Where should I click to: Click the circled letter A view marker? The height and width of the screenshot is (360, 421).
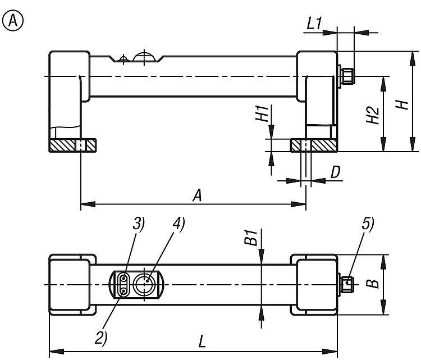click(13, 21)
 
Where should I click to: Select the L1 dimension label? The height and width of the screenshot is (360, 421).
click(314, 24)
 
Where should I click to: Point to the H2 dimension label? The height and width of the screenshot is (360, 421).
click(373, 116)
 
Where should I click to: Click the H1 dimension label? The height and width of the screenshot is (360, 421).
click(262, 113)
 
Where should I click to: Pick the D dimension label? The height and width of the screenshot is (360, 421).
click(335, 172)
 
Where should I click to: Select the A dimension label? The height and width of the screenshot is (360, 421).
click(197, 195)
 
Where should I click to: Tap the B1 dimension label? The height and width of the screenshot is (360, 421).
click(250, 237)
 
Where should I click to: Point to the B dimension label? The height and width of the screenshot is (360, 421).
click(373, 284)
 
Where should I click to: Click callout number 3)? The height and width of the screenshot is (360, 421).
click(139, 224)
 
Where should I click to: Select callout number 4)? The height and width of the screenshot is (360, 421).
click(179, 224)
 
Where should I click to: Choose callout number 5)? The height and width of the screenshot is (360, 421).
click(368, 224)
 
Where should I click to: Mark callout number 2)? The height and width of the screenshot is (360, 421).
click(101, 338)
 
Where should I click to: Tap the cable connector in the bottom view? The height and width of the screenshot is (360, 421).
click(347, 285)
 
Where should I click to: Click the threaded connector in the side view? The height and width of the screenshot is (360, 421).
click(347, 76)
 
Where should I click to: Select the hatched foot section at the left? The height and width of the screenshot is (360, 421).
click(72, 145)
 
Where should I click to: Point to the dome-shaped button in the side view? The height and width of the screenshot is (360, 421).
click(144, 56)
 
